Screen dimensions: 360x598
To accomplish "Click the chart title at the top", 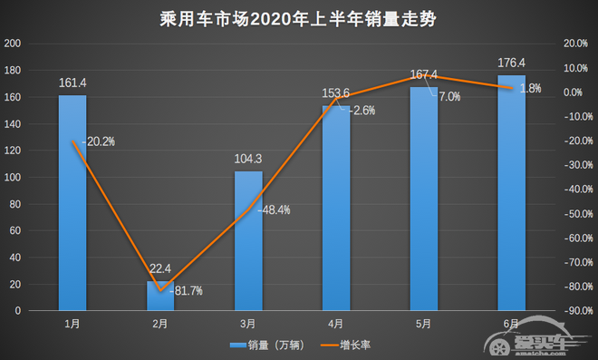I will tap(299, 17).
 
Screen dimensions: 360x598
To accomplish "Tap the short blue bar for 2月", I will tap(160, 296).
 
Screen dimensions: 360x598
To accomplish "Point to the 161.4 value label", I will tap(72, 83).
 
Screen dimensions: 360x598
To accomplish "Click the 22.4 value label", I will tap(160, 268).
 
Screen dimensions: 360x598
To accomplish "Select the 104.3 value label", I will tap(248, 159).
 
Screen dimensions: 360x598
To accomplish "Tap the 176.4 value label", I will tap(511, 63).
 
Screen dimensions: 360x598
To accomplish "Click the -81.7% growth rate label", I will tap(187, 291).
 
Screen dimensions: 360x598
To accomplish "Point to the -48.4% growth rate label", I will tap(275, 209).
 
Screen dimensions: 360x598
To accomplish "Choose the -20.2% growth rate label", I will tap(99, 141).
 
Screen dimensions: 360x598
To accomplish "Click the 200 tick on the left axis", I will tap(14, 44).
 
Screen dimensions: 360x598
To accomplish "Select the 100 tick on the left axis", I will tap(14, 177).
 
